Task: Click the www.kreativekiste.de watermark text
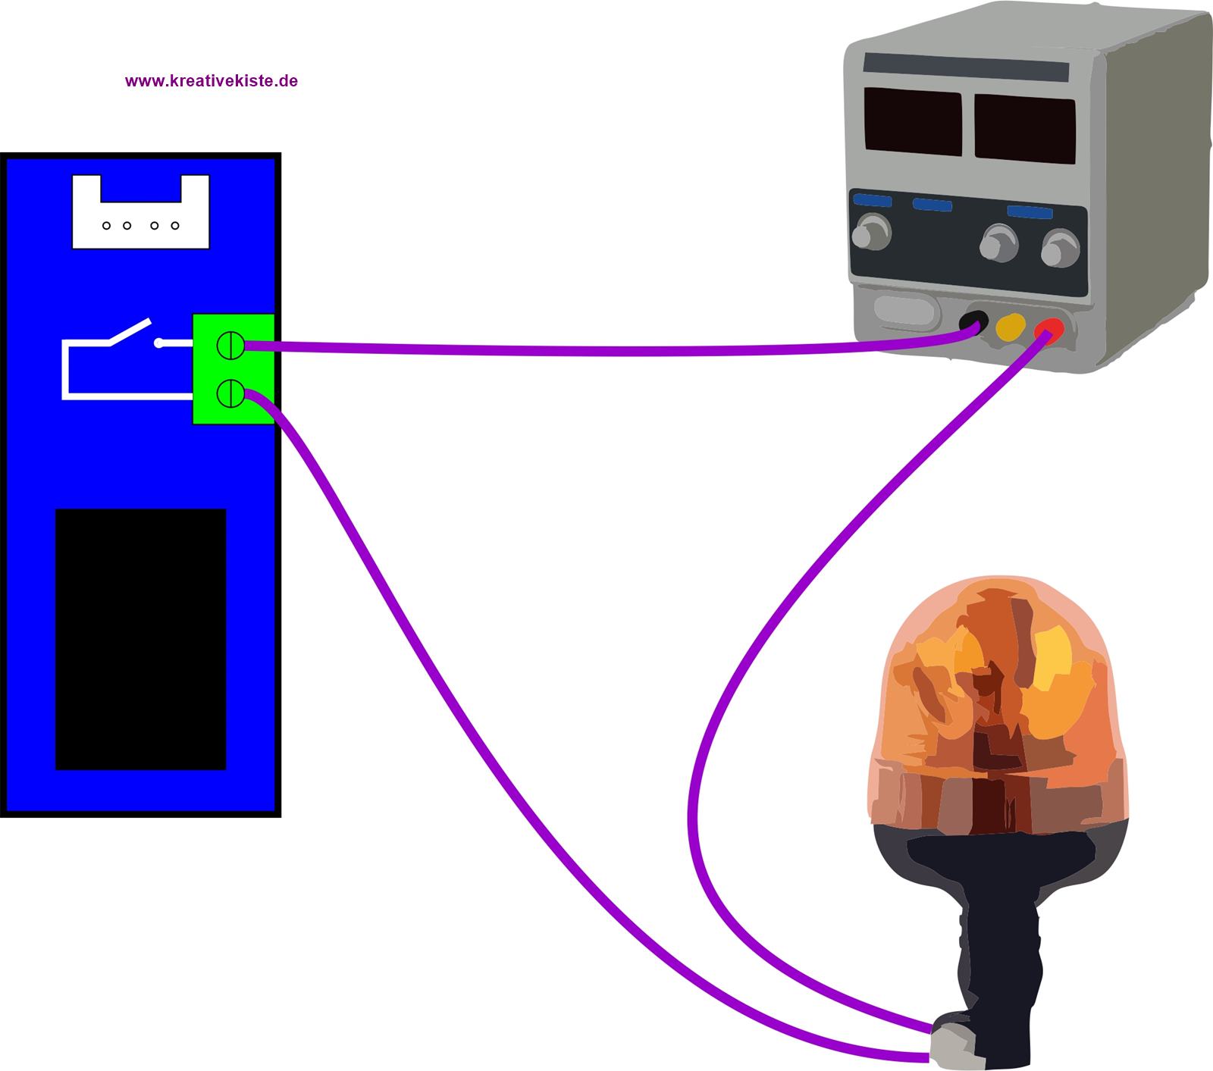point(211,81)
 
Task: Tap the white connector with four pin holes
point(140,220)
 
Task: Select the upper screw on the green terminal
point(230,346)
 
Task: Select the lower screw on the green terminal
point(230,393)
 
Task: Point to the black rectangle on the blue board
point(141,639)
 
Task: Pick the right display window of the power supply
point(1024,129)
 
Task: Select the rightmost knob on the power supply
point(1059,249)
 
